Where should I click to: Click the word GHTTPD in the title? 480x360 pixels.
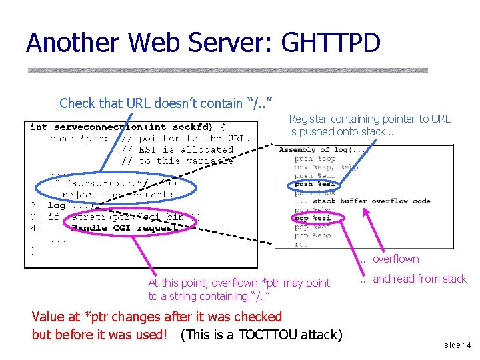pos(331,43)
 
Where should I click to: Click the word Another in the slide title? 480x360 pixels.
pos(73,43)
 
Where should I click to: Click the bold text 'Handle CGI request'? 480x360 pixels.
pos(124,227)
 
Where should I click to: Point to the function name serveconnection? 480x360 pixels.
pos(98,127)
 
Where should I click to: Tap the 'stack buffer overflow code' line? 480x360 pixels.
pos(371,201)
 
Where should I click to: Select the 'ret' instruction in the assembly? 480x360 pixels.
pos(301,244)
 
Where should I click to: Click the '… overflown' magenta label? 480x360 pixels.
pos(390,259)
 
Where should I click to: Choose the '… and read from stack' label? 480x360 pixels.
pos(413,279)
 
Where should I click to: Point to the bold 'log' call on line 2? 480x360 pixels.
pos(57,205)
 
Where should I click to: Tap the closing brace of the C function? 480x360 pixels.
pos(33,251)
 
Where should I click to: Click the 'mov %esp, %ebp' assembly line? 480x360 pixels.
pos(326,167)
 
